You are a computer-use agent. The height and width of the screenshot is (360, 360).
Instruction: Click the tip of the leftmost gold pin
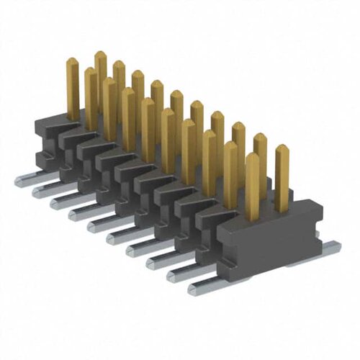click(72, 62)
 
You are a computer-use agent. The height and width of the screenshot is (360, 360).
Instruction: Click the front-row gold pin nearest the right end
click(252, 187)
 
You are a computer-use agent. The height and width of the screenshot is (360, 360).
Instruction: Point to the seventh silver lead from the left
click(138, 248)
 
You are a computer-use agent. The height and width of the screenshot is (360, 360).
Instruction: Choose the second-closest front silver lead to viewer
click(180, 275)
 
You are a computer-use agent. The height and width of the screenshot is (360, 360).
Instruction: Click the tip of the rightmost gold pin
click(282, 149)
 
